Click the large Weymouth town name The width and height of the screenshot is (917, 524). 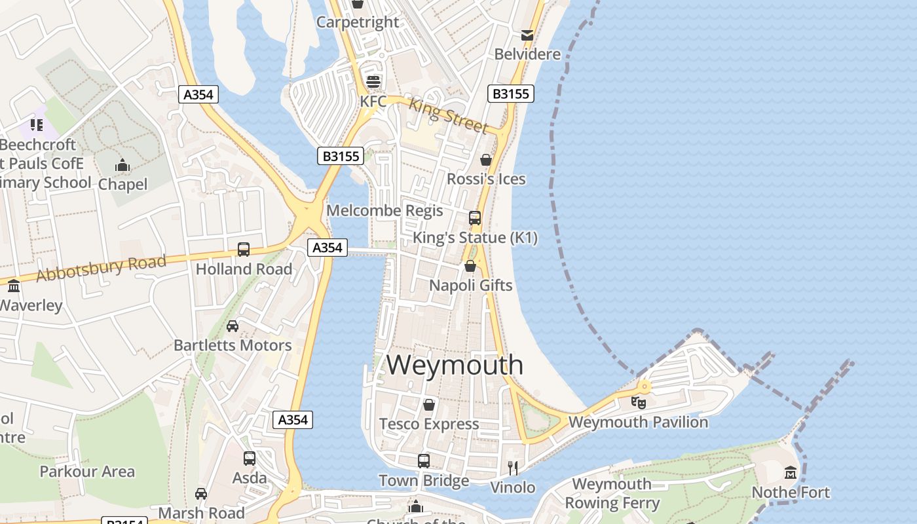tap(455, 365)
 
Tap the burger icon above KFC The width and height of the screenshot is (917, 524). tap(373, 81)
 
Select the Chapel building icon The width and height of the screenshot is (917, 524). tap(122, 166)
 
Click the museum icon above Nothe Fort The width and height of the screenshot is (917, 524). tap(791, 472)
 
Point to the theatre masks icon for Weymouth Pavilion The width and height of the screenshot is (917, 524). tap(639, 402)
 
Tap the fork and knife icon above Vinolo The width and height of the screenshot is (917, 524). tap(513, 468)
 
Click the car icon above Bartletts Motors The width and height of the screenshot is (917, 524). tap(233, 326)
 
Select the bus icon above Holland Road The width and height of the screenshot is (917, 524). tap(244, 250)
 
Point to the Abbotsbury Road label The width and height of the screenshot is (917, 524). tap(102, 268)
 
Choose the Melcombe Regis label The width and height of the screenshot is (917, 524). tap(384, 211)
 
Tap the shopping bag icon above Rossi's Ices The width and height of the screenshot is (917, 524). tap(486, 160)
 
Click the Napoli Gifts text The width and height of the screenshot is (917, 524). tap(470, 286)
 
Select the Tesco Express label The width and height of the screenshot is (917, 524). tap(429, 424)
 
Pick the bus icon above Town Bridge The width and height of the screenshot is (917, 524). tap(424, 460)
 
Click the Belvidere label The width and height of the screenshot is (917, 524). tap(527, 54)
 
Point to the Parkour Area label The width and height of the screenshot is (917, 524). tap(87, 472)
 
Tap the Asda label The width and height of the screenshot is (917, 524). tap(250, 477)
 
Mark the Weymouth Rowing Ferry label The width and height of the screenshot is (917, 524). tap(612, 494)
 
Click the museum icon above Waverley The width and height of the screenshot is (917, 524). tap(14, 286)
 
